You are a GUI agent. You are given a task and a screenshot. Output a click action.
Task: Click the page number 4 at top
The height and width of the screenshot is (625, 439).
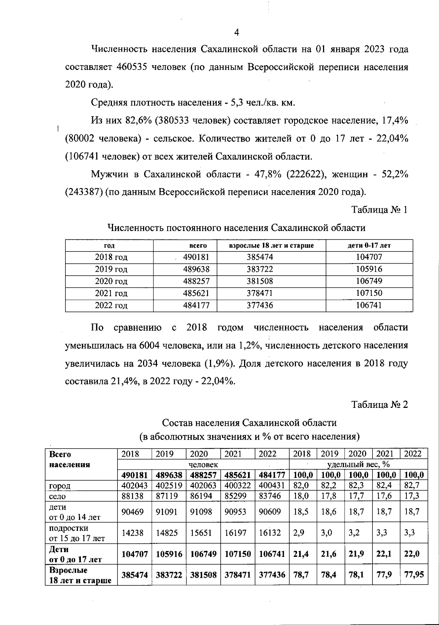(x=236, y=33)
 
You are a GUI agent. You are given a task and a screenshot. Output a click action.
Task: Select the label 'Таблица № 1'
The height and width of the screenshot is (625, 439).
(x=379, y=210)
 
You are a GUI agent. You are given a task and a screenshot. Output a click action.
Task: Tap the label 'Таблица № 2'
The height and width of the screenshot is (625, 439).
(x=379, y=405)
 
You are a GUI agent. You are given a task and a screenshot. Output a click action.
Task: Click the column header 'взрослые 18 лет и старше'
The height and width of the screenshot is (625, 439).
(x=271, y=246)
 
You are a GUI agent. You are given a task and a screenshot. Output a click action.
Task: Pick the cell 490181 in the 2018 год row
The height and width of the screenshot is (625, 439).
(x=196, y=257)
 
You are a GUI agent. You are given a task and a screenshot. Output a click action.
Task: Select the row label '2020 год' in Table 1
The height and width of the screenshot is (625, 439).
(x=111, y=281)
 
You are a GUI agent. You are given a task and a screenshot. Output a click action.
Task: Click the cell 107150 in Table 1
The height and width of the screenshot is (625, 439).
(x=369, y=293)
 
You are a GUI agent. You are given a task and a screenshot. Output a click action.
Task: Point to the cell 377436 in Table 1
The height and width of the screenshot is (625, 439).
(x=259, y=305)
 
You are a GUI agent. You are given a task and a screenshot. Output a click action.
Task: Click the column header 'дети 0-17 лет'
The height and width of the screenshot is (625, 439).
(x=369, y=246)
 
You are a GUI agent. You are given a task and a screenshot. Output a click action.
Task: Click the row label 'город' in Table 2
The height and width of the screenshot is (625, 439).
(x=60, y=486)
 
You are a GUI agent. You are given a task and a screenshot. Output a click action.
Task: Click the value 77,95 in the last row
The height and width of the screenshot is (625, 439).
(x=414, y=574)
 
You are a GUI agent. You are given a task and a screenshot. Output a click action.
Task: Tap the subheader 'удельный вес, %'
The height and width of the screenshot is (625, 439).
(x=358, y=465)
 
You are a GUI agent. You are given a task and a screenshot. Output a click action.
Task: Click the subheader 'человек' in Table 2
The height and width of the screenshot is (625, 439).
(x=203, y=465)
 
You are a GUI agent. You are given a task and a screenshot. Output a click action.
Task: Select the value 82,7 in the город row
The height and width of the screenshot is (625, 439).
(x=412, y=486)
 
